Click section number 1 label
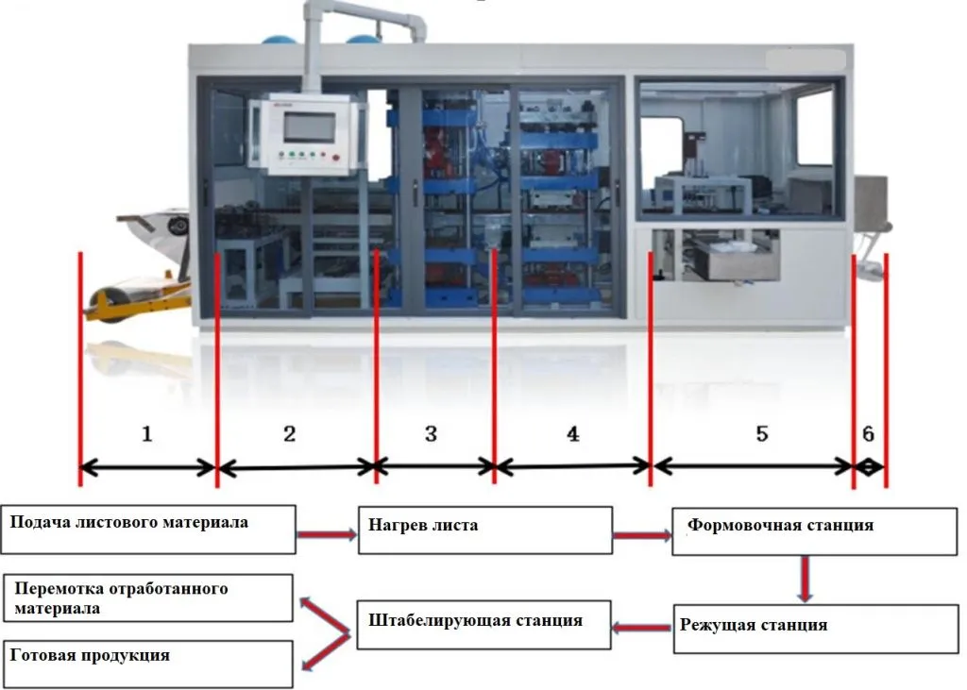pyautogui.click(x=146, y=434)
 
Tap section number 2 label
pyautogui.click(x=290, y=434)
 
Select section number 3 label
pyautogui.click(x=432, y=434)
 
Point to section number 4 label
pyautogui.click(x=572, y=434)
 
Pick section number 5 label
pyautogui.click(x=762, y=434)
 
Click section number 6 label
pyautogui.click(x=868, y=434)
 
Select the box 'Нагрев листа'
pyautogui.click(x=484, y=530)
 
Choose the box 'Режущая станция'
pyautogui.click(x=786, y=628)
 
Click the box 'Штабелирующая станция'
pyautogui.click(x=483, y=624)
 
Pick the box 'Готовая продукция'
pyautogui.click(x=149, y=664)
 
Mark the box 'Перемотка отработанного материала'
pyautogui.click(x=149, y=598)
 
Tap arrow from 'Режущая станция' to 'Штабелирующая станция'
pyautogui.click(x=642, y=627)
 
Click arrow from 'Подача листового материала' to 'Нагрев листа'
pyautogui.click(x=326, y=535)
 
